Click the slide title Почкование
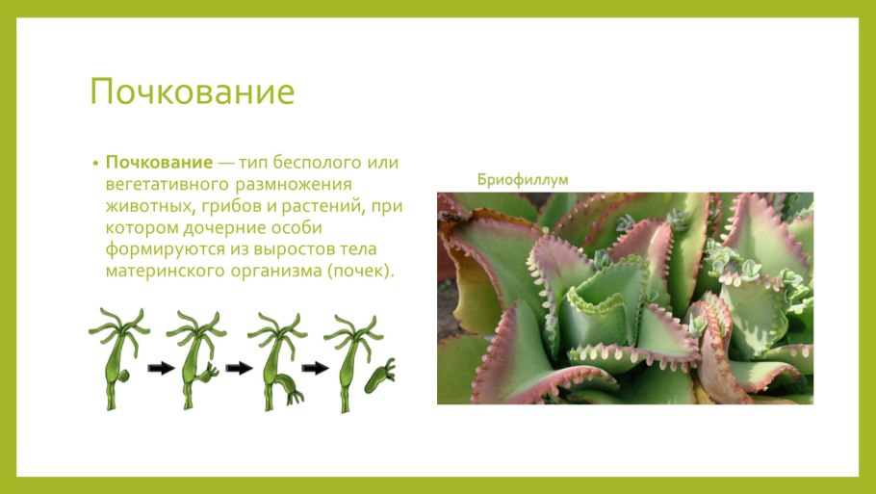(x=192, y=92)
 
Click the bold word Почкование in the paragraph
(x=159, y=162)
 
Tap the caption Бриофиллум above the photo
(x=524, y=179)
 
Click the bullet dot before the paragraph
(x=95, y=163)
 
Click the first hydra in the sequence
(x=118, y=356)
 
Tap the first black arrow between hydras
(x=160, y=367)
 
